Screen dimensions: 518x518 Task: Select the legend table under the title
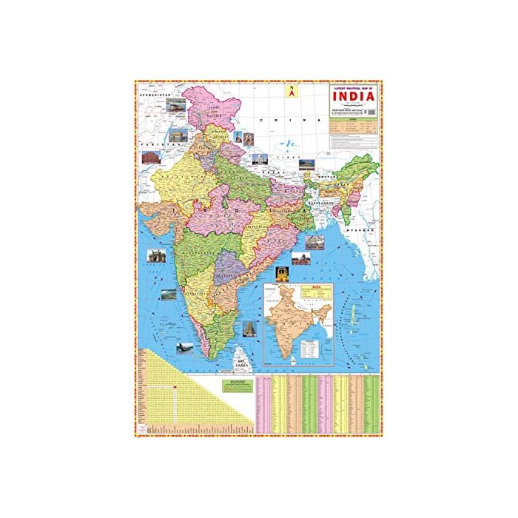pos(354,129)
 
